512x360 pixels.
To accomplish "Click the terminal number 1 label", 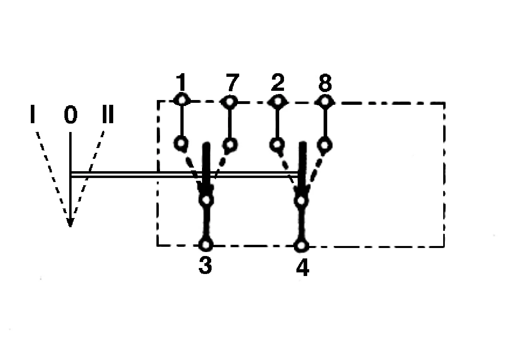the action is pyautogui.click(x=181, y=82).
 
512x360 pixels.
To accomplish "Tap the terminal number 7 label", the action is pyautogui.click(x=232, y=82).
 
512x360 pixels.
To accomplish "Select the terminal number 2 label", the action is pyautogui.click(x=278, y=82).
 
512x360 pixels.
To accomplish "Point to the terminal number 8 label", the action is pyautogui.click(x=325, y=82).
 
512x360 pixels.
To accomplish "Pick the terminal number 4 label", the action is pyautogui.click(x=303, y=266).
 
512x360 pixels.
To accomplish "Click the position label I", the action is pyautogui.click(x=32, y=114).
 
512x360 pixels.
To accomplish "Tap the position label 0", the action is pyautogui.click(x=71, y=114).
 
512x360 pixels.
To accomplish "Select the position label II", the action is pyautogui.click(x=108, y=114).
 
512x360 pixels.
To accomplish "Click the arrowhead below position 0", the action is pyautogui.click(x=70, y=222).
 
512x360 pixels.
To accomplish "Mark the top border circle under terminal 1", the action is pyautogui.click(x=182, y=100).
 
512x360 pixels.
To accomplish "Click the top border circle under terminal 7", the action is pyautogui.click(x=230, y=102).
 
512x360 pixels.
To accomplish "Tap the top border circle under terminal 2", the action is pyautogui.click(x=277, y=101).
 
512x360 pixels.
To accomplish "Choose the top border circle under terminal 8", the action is pyautogui.click(x=325, y=101).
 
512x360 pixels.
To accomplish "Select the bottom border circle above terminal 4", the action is pyautogui.click(x=301, y=246).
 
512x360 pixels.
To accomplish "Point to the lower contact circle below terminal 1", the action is pyautogui.click(x=181, y=144).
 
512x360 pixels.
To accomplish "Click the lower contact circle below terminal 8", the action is pyautogui.click(x=324, y=145).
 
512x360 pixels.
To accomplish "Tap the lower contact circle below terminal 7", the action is pyautogui.click(x=230, y=144).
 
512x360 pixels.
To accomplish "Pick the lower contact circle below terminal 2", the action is pyautogui.click(x=277, y=144).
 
